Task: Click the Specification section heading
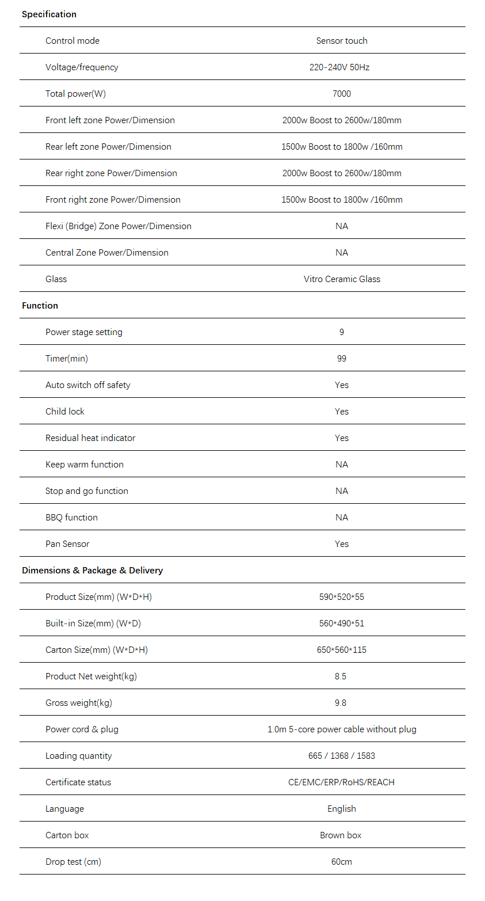pyautogui.click(x=49, y=14)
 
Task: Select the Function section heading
pyautogui.click(x=40, y=306)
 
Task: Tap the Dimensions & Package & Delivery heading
pyautogui.click(x=92, y=571)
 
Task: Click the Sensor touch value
pyautogui.click(x=342, y=41)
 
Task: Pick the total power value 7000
pyautogui.click(x=342, y=94)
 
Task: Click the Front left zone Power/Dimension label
pyautogui.click(x=110, y=120)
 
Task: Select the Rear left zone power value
pyautogui.click(x=342, y=147)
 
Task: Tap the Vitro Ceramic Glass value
pyautogui.click(x=342, y=279)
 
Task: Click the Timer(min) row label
pyautogui.click(x=67, y=359)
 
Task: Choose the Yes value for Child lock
pyautogui.click(x=342, y=412)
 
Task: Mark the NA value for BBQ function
pyautogui.click(x=342, y=518)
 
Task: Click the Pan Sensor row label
pyautogui.click(x=67, y=544)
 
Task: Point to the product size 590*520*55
pyautogui.click(x=342, y=597)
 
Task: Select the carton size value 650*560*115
pyautogui.click(x=342, y=650)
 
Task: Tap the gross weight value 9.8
pyautogui.click(x=341, y=703)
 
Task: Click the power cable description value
pyautogui.click(x=342, y=729)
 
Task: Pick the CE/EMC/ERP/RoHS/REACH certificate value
pyautogui.click(x=342, y=782)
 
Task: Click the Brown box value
pyautogui.click(x=341, y=835)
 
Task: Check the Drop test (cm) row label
pyautogui.click(x=73, y=862)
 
